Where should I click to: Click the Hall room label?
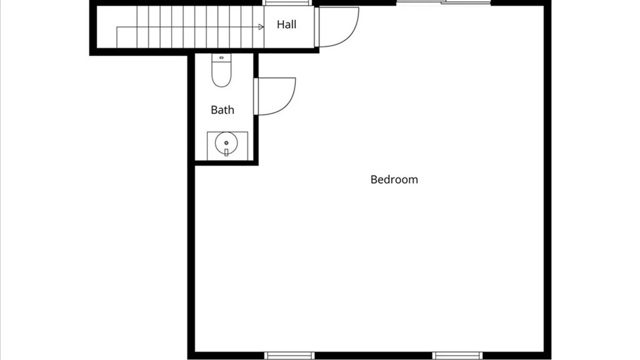pos(286,24)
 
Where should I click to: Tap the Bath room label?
pos(222,110)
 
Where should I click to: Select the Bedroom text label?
pos(394,179)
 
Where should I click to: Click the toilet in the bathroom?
pos(221,70)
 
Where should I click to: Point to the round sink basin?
pos(226,143)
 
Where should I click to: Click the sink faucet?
pos(226,152)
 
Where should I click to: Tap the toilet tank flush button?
pos(221,58)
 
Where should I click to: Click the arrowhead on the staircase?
pos(261,27)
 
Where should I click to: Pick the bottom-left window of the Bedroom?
pos(289,355)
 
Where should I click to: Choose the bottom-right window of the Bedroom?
pos(457,355)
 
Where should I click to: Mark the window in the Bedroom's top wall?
pos(443,3)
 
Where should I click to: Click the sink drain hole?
pos(226,143)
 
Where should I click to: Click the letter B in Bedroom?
pos(373,180)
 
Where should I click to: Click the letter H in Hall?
pos(280,24)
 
